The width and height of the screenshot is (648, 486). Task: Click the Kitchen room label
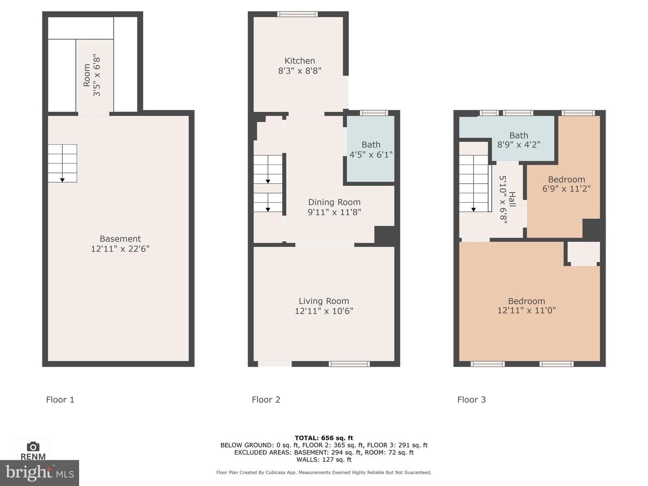299,61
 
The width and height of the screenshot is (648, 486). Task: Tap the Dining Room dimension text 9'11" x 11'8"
334,212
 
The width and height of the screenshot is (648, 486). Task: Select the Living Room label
324,301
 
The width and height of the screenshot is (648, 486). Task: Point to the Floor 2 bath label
371,144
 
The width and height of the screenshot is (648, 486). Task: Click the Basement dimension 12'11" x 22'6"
120,249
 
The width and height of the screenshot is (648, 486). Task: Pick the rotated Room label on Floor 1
87,75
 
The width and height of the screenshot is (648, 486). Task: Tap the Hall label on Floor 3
512,199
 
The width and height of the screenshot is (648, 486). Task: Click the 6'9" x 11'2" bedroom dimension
566,189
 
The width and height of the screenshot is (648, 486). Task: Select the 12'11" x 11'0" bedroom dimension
526,310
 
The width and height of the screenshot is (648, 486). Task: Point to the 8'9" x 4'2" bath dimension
518,144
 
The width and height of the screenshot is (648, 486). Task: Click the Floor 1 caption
60,400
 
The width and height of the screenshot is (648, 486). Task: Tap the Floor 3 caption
471,400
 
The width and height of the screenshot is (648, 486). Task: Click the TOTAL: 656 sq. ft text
324,438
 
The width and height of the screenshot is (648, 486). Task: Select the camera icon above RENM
33,446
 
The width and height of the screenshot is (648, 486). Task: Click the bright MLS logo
40,473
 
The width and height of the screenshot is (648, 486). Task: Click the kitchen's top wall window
297,14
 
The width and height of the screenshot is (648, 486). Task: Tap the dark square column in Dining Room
384,236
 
